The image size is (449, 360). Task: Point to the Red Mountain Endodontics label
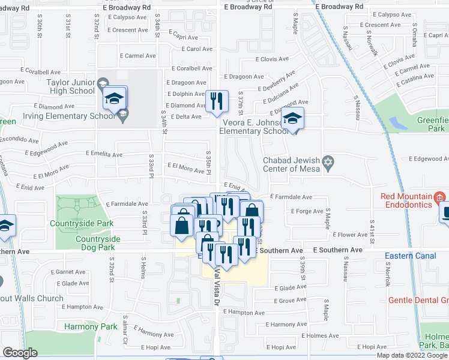point(406,200)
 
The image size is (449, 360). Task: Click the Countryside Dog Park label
point(98,243)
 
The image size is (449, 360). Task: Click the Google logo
point(20,353)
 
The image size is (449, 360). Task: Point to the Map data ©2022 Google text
point(412,355)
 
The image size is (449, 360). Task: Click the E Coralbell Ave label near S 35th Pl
point(192,69)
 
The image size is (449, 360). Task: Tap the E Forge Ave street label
point(306,211)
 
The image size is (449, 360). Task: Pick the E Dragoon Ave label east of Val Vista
point(244,77)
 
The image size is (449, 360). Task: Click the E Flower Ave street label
point(353,235)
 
